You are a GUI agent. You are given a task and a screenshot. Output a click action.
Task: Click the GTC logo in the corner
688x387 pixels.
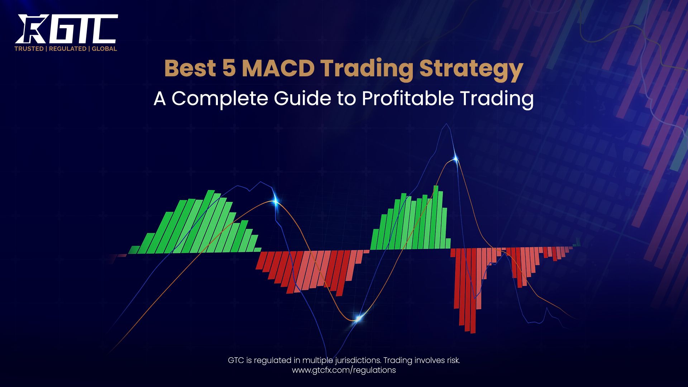pyautogui.click(x=66, y=29)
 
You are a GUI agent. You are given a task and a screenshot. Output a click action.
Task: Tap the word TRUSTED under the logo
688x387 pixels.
pyautogui.click(x=29, y=49)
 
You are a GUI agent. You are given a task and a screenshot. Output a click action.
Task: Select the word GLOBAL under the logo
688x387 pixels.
pyautogui.click(x=104, y=49)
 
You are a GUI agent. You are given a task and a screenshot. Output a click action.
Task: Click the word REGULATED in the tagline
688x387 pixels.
pyautogui.click(x=67, y=49)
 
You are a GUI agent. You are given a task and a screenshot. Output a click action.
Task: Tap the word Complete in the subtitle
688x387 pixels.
pyautogui.click(x=219, y=99)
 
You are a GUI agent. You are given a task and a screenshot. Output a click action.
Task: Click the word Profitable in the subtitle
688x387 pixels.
pyautogui.click(x=408, y=98)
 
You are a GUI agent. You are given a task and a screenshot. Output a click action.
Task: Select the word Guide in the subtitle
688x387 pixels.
pyautogui.click(x=302, y=98)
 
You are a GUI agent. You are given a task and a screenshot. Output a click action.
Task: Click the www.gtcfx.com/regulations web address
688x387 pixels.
pyautogui.click(x=344, y=370)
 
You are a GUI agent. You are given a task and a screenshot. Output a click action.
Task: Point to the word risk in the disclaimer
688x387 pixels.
pyautogui.click(x=451, y=360)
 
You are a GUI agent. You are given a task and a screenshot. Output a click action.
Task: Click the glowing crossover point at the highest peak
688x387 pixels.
pyautogui.click(x=456, y=159)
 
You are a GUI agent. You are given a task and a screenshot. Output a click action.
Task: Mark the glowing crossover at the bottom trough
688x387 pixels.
pyautogui.click(x=358, y=318)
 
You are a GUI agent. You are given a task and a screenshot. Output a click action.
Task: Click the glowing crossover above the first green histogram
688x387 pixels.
pyautogui.click(x=275, y=202)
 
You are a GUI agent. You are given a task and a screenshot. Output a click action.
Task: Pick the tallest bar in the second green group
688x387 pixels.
pyautogui.click(x=436, y=217)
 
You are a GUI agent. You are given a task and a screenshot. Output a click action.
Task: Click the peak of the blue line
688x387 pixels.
pyautogui.click(x=446, y=124)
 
